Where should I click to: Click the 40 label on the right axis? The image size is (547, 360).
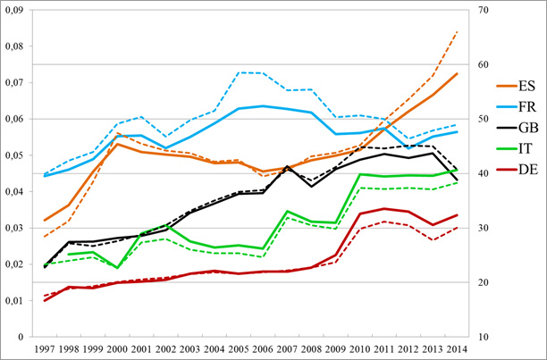(484, 173)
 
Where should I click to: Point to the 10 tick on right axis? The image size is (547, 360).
(484, 337)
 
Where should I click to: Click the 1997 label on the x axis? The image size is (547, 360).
(45, 347)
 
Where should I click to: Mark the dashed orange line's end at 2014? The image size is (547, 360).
(458, 31)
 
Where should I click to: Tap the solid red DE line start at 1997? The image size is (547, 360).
(45, 300)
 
